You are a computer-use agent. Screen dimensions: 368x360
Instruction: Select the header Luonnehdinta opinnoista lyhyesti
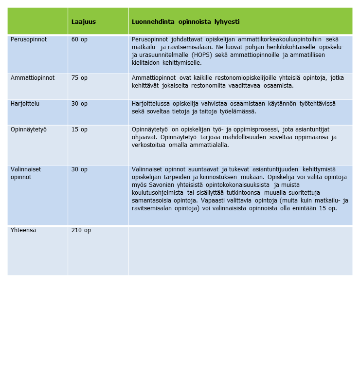(x=185, y=22)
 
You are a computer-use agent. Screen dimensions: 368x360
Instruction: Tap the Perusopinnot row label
(x=29, y=39)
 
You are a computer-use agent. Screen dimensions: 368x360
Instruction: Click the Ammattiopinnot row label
(x=33, y=77)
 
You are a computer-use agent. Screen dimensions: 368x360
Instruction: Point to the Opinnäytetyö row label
(x=29, y=129)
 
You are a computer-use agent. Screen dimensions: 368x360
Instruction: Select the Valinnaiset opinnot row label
(x=26, y=173)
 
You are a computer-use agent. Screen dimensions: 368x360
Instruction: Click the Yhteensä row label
(x=23, y=230)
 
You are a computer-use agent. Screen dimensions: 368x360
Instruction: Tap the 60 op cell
(x=79, y=39)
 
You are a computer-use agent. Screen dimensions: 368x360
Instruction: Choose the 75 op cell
(x=79, y=77)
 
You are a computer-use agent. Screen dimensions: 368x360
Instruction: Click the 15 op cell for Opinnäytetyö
(x=79, y=129)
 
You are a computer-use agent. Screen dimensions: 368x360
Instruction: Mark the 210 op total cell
(x=81, y=230)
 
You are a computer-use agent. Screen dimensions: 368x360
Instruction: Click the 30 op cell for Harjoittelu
(x=79, y=103)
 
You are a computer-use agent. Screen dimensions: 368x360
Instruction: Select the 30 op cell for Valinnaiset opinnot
(x=79, y=169)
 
